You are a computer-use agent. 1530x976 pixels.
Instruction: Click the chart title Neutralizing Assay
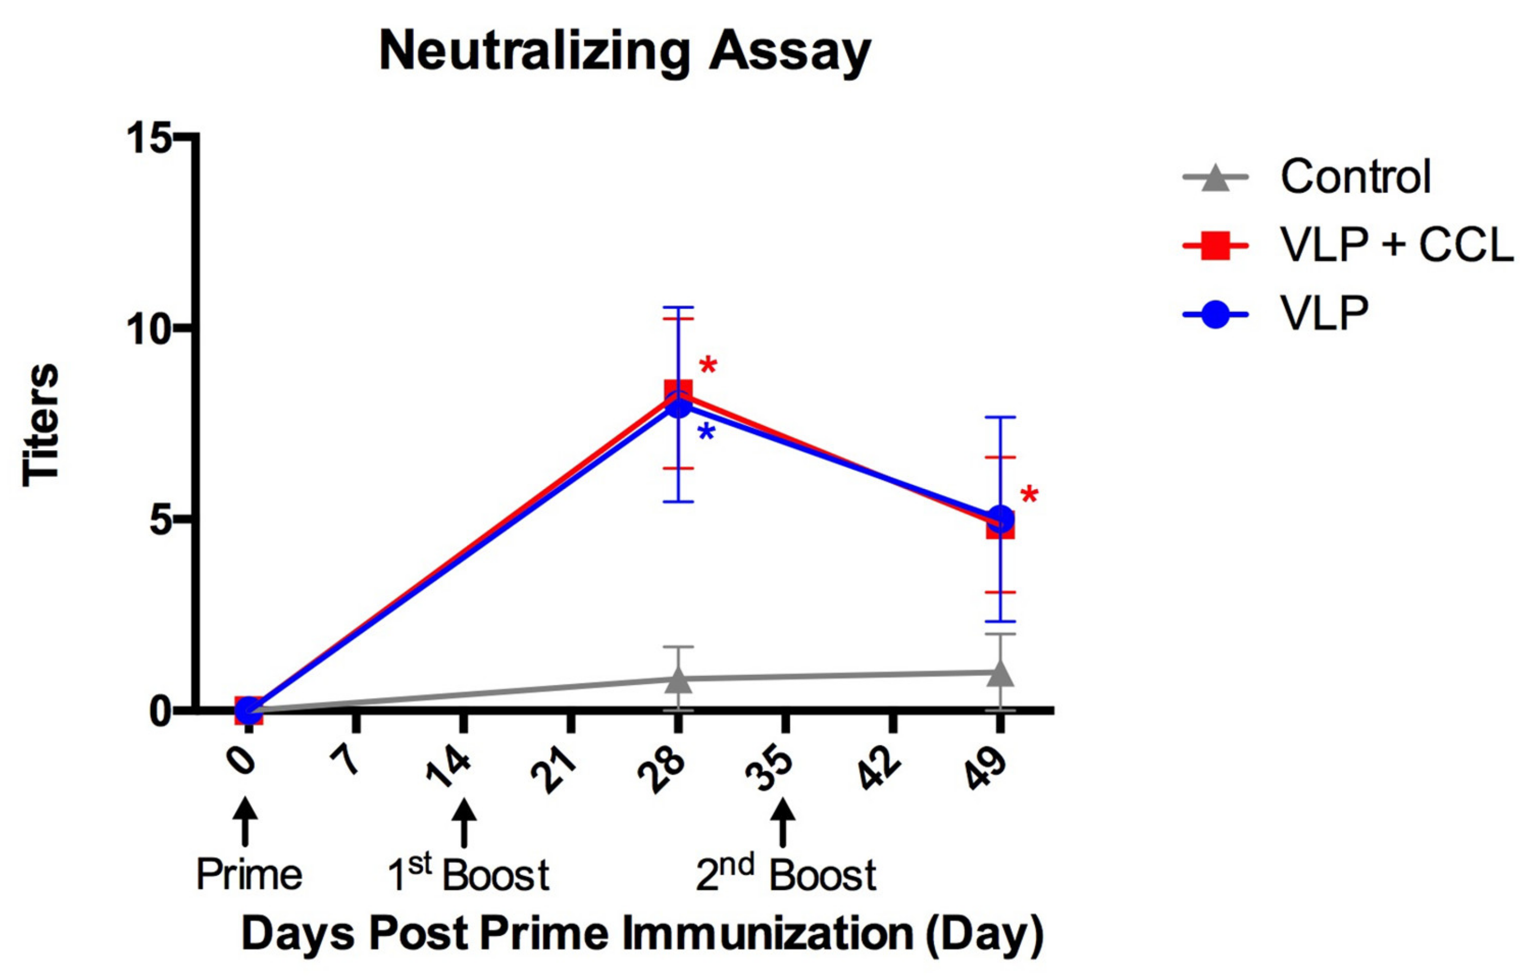[624, 52]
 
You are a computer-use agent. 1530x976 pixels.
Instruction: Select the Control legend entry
[1355, 177]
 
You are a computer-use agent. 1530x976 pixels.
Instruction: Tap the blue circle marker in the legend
[1215, 314]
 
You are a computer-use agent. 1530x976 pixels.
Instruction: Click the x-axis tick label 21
[553, 771]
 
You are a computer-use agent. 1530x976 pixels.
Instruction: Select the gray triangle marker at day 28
[678, 679]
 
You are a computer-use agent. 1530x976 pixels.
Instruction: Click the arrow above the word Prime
[245, 823]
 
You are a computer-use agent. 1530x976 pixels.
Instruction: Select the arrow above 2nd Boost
[783, 823]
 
